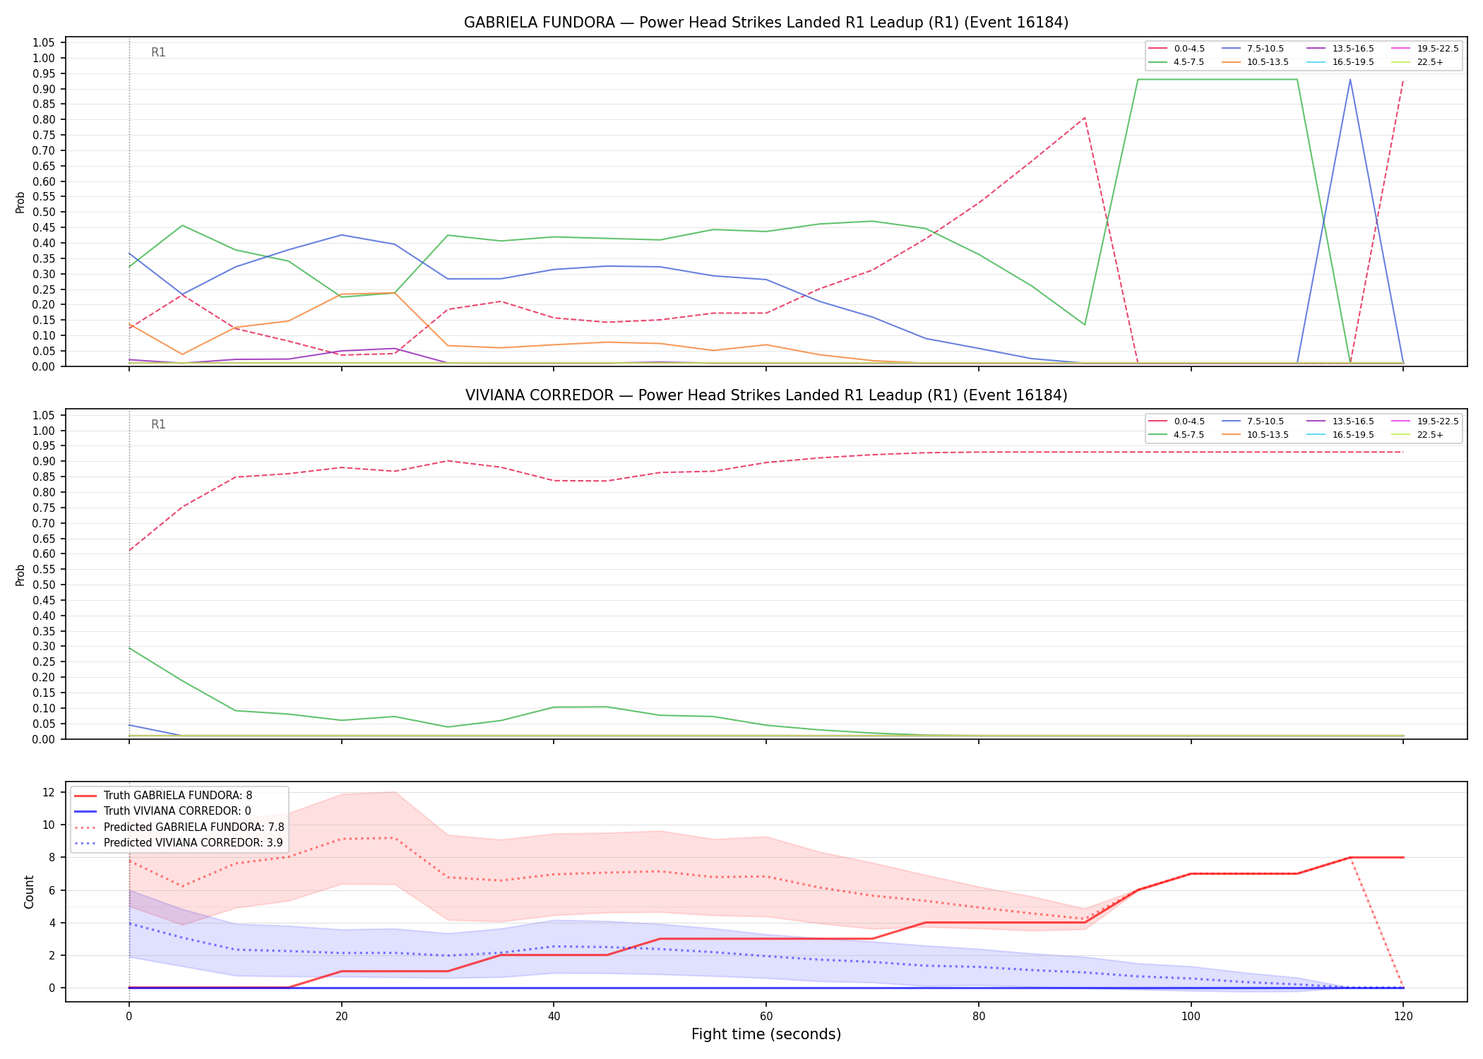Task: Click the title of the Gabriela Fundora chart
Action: (766, 23)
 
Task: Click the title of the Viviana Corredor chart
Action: (766, 395)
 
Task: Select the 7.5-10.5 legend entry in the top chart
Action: (1253, 49)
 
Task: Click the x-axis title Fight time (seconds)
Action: (766, 1034)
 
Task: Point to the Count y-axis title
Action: (29, 892)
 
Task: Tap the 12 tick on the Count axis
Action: (49, 792)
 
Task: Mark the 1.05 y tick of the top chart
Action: (44, 43)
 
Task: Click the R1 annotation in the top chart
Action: (158, 52)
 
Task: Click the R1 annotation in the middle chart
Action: (158, 424)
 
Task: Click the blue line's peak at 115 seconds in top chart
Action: (1350, 79)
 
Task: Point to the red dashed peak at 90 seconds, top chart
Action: (1084, 118)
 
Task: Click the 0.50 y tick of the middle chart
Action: (44, 585)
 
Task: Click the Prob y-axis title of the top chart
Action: (20, 203)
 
